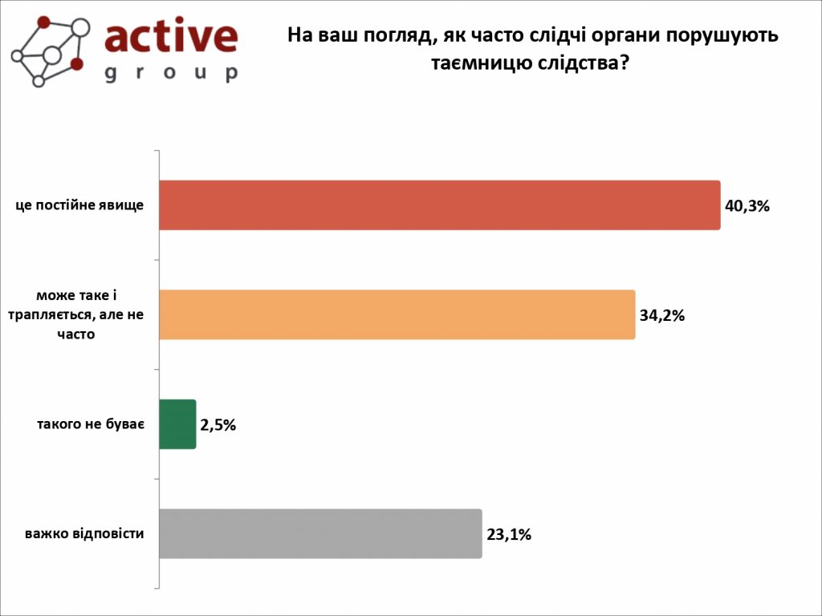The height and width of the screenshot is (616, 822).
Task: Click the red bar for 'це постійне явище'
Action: pos(439,205)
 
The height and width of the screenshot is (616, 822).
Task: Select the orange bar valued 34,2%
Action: pos(397,314)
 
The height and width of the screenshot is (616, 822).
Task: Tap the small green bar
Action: pos(177,424)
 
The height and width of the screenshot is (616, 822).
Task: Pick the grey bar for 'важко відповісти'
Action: pos(320,533)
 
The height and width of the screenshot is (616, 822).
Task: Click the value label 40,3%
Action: pos(747,206)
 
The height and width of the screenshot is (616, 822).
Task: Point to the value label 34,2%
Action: pos(661,315)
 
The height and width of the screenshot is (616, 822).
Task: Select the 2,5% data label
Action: pos(218,425)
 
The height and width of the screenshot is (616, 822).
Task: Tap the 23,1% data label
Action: pos(509,534)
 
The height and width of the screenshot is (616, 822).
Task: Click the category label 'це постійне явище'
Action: pos(79,205)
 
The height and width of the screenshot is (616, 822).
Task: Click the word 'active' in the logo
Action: pos(171,36)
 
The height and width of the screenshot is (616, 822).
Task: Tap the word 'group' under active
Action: pos(171,73)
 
